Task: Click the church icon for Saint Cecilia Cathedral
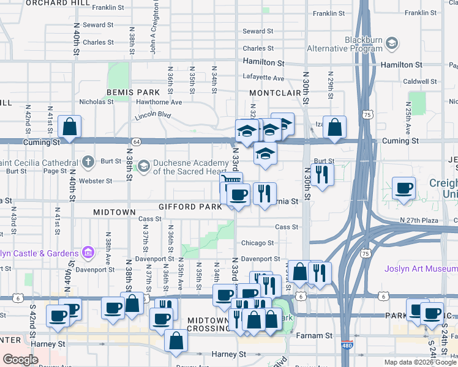88,162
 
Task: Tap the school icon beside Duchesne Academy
143,166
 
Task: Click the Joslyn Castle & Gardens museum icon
88,253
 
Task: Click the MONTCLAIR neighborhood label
272,92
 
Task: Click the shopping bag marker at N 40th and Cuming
70,128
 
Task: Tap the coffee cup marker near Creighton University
404,188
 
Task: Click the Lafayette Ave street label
263,78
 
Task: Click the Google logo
20,360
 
